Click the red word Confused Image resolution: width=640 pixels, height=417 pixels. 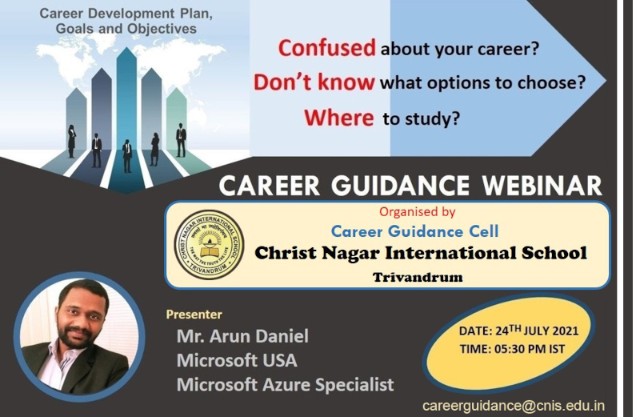point(326,48)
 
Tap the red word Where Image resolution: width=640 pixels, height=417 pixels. point(338,118)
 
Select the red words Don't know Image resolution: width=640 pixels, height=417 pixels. point(314,82)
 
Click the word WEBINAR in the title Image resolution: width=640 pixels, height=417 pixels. point(542,186)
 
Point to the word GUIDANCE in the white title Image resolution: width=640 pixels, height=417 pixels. point(400,186)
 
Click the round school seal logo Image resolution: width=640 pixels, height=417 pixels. point(209,245)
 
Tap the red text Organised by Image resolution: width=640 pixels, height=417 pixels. point(417,211)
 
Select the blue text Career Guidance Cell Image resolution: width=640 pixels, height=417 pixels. point(414,231)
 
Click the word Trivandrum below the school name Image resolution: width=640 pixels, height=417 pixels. point(418,277)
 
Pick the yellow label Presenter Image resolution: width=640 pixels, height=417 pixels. point(194,315)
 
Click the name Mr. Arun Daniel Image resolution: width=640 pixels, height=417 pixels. point(242,336)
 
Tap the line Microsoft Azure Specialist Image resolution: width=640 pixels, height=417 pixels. point(286,385)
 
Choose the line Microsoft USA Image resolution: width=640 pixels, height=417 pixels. point(237,360)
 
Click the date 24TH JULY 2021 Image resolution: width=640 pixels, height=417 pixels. point(537,330)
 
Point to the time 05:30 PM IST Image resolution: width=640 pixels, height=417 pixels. point(530,349)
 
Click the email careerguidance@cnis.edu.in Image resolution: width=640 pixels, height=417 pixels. point(514,407)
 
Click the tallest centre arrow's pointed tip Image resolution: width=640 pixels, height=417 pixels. point(126,47)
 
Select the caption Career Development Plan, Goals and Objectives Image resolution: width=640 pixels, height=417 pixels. point(126,21)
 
